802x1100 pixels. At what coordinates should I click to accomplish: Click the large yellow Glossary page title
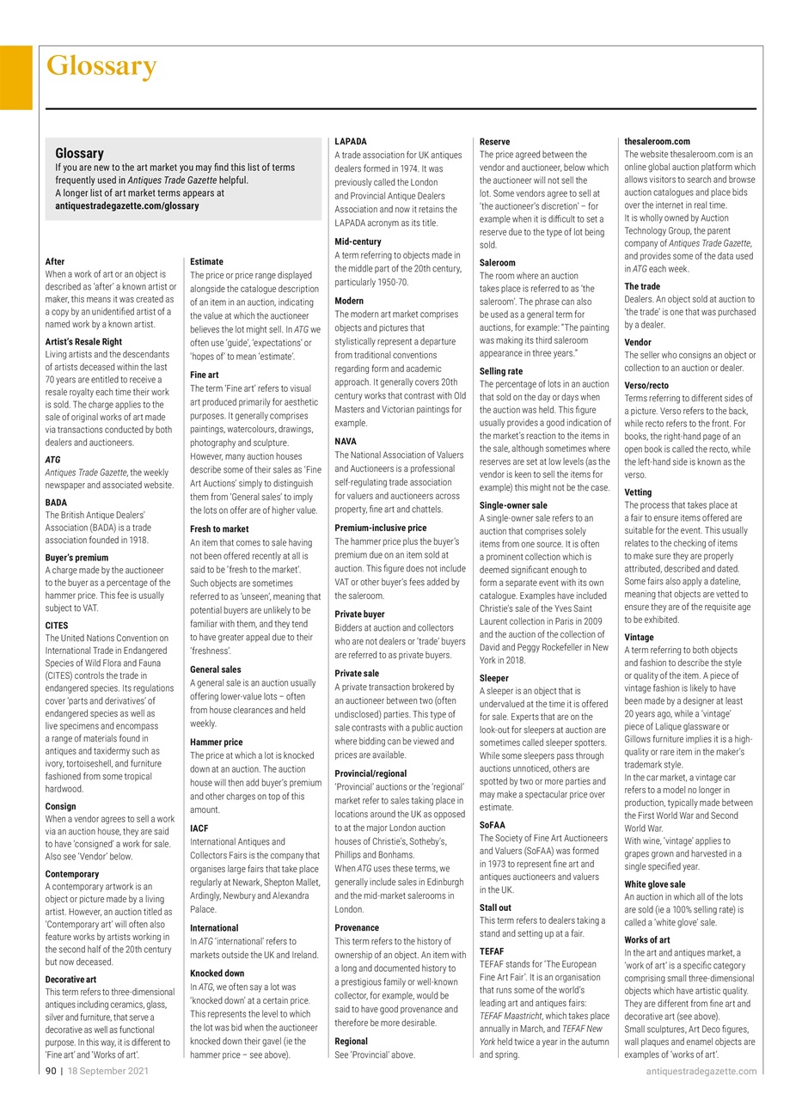101,66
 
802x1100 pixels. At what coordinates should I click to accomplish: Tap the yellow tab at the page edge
15,77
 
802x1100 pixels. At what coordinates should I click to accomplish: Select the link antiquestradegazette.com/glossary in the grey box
126,206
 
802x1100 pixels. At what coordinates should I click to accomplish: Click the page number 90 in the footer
51,1071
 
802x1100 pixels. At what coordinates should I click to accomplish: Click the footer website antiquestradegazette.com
701,1071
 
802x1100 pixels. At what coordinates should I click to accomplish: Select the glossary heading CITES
57,626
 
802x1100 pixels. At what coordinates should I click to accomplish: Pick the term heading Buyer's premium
77,558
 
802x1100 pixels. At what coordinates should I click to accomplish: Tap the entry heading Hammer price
216,742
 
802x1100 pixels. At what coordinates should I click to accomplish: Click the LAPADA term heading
350,141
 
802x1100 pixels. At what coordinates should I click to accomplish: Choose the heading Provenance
356,927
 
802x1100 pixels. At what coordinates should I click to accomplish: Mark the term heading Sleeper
493,678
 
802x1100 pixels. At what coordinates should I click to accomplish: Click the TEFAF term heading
492,951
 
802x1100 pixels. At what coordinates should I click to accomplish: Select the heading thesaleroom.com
657,141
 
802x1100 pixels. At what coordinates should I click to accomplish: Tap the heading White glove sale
654,884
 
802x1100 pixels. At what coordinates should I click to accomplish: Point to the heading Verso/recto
646,386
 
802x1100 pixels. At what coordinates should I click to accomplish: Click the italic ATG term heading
52,460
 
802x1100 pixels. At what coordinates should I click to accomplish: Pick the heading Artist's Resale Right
83,341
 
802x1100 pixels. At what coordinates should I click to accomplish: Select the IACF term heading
199,828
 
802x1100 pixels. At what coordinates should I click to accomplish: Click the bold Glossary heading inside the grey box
79,153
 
